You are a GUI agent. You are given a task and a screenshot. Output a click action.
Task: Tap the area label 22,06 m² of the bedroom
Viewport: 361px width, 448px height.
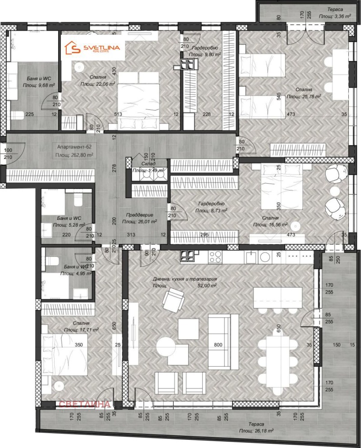(x=97, y=84)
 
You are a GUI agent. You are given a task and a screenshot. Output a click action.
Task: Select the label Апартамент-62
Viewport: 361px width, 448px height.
(x=74, y=147)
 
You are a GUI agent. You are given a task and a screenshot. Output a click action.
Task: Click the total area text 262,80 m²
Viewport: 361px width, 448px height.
(x=74, y=155)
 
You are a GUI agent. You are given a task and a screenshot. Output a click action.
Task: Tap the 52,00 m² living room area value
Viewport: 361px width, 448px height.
(x=206, y=285)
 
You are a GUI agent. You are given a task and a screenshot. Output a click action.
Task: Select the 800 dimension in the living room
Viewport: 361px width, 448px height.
(x=219, y=345)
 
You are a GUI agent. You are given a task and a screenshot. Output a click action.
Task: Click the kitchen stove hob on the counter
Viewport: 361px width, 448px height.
(x=213, y=257)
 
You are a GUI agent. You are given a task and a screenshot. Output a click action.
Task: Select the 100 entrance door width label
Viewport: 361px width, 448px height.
(x=9, y=150)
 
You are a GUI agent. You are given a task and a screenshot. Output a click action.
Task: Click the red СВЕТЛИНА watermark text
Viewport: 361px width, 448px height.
(x=84, y=404)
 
